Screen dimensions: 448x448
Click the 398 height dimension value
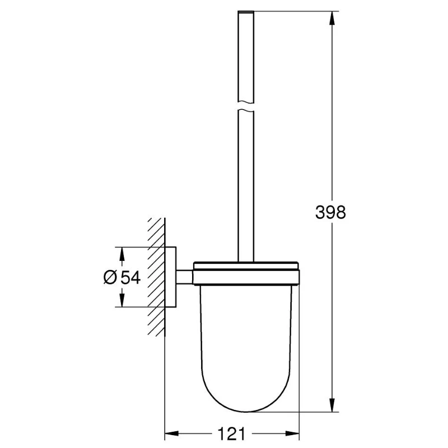[x=330, y=213]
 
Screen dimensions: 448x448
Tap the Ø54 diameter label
[x=122, y=277]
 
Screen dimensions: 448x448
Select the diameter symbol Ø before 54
[x=110, y=277]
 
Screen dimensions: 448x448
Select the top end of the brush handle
[x=246, y=12]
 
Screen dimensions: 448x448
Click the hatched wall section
[x=156, y=277]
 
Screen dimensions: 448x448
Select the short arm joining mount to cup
[x=184, y=277]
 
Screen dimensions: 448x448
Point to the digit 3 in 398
[x=319, y=213]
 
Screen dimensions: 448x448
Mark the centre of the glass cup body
[x=246, y=342]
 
